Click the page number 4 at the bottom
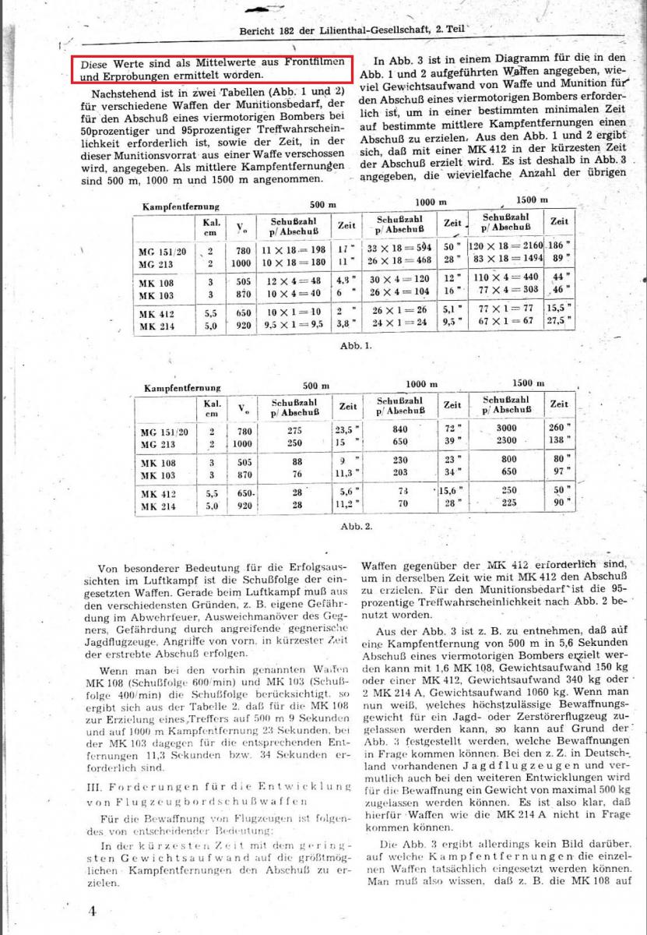coord(92,910)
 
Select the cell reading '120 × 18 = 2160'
coord(505,245)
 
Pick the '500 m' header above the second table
coord(316,385)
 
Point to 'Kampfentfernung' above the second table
coord(181,386)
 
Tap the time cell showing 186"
coord(559,245)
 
